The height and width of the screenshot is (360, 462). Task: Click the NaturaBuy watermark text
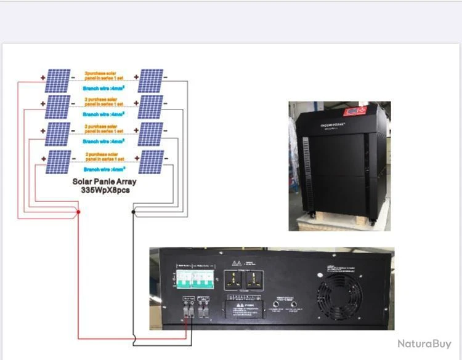(x=424, y=343)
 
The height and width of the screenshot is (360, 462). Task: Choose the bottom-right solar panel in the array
(x=151, y=162)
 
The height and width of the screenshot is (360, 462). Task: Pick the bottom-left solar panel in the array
(x=59, y=162)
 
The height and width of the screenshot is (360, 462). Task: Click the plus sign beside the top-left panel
(x=43, y=78)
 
